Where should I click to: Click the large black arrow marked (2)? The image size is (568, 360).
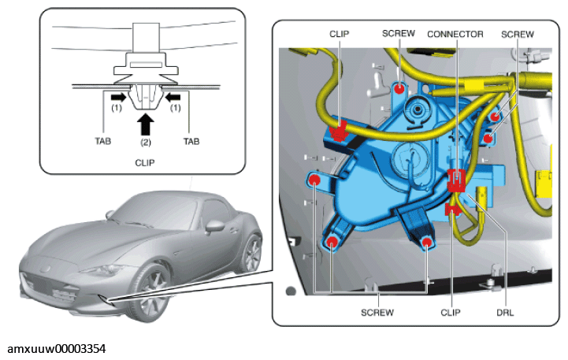146,124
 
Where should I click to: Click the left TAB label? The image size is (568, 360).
103,141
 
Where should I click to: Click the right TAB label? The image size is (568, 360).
191,141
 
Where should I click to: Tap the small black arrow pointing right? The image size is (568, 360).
119,97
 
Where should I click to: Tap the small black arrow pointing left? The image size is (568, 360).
173,97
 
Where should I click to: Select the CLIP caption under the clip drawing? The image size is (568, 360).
145,163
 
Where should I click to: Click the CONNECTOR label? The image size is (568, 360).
455,34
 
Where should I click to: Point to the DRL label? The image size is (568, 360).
505,312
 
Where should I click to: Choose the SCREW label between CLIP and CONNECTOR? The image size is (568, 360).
399,33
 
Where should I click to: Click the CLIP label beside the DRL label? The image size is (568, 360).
451,312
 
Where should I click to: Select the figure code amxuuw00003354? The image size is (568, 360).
57,349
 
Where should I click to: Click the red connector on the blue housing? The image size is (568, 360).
456,180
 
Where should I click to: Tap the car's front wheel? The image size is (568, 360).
149,293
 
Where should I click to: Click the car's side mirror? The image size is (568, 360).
214,226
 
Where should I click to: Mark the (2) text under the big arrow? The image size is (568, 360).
146,143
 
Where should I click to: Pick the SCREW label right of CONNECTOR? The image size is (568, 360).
518,34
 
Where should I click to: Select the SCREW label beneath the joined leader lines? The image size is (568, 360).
377,312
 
